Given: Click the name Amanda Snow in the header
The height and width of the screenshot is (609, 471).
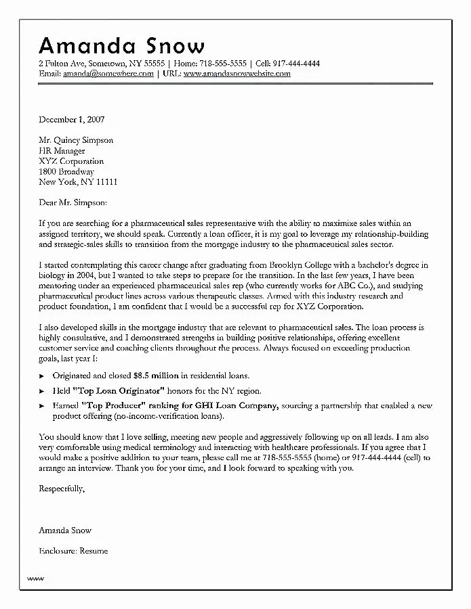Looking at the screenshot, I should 121,45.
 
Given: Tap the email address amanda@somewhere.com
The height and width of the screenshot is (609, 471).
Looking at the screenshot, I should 108,74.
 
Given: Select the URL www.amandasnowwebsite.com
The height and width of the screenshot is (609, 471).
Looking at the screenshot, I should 237,74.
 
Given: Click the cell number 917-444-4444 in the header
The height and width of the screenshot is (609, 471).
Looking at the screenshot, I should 293,64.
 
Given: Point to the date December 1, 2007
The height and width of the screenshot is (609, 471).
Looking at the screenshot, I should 71,120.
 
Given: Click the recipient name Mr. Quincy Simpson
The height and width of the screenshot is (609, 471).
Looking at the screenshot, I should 76,141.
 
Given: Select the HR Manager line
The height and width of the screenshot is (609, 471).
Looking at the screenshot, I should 62,151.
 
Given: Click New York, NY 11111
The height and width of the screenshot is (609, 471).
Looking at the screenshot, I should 78,182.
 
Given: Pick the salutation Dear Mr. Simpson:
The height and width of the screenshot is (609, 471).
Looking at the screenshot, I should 73,202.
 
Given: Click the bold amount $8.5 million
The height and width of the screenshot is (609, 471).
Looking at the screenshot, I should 156,376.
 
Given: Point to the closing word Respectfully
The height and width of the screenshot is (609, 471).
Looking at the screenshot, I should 62,488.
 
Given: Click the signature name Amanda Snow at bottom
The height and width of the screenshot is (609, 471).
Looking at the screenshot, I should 65,530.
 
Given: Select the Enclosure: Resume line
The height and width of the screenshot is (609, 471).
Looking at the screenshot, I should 73,551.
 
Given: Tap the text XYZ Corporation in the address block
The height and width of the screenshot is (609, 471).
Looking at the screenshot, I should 71,162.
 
